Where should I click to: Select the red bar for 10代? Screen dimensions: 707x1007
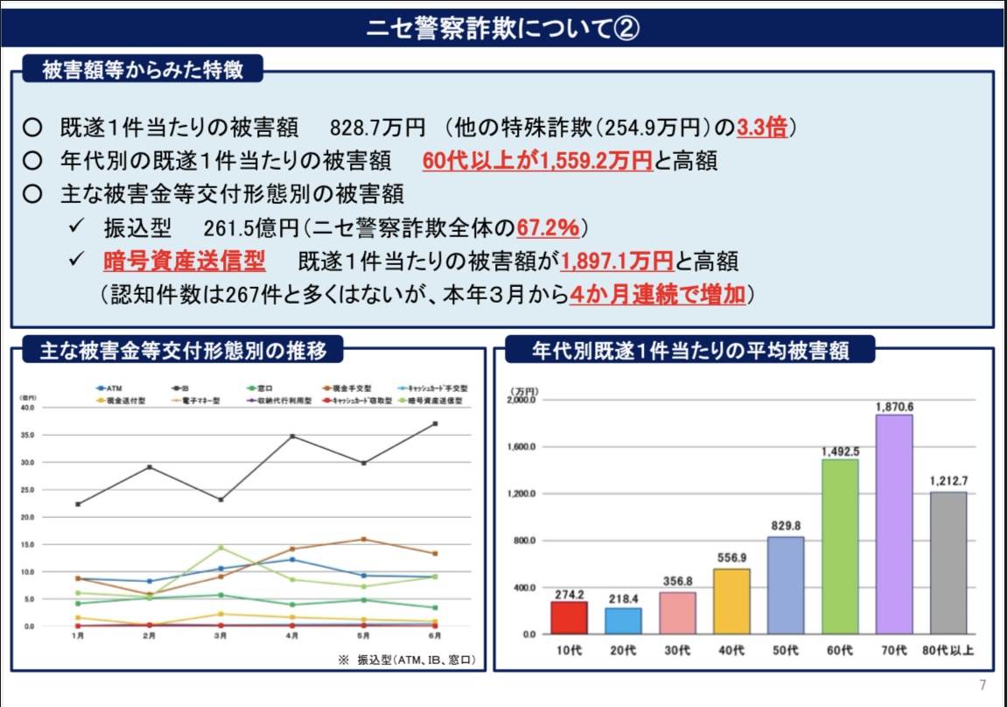tap(569, 617)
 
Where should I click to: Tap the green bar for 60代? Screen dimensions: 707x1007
tap(840, 546)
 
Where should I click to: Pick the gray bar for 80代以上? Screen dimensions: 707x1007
tap(948, 563)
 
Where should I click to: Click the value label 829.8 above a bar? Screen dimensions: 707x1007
tap(785, 526)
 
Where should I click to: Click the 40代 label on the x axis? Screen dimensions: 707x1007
tap(731, 650)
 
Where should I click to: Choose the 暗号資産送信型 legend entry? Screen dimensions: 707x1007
tap(431, 400)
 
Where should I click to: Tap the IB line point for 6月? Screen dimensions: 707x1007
tap(435, 423)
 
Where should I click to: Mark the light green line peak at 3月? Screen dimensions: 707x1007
tap(220, 548)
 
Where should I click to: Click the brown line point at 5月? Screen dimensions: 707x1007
tap(363, 539)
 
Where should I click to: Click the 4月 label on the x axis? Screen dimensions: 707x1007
tap(292, 636)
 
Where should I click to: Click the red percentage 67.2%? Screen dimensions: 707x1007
tap(549, 228)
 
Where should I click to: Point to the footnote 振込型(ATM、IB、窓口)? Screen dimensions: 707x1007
tap(409, 660)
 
